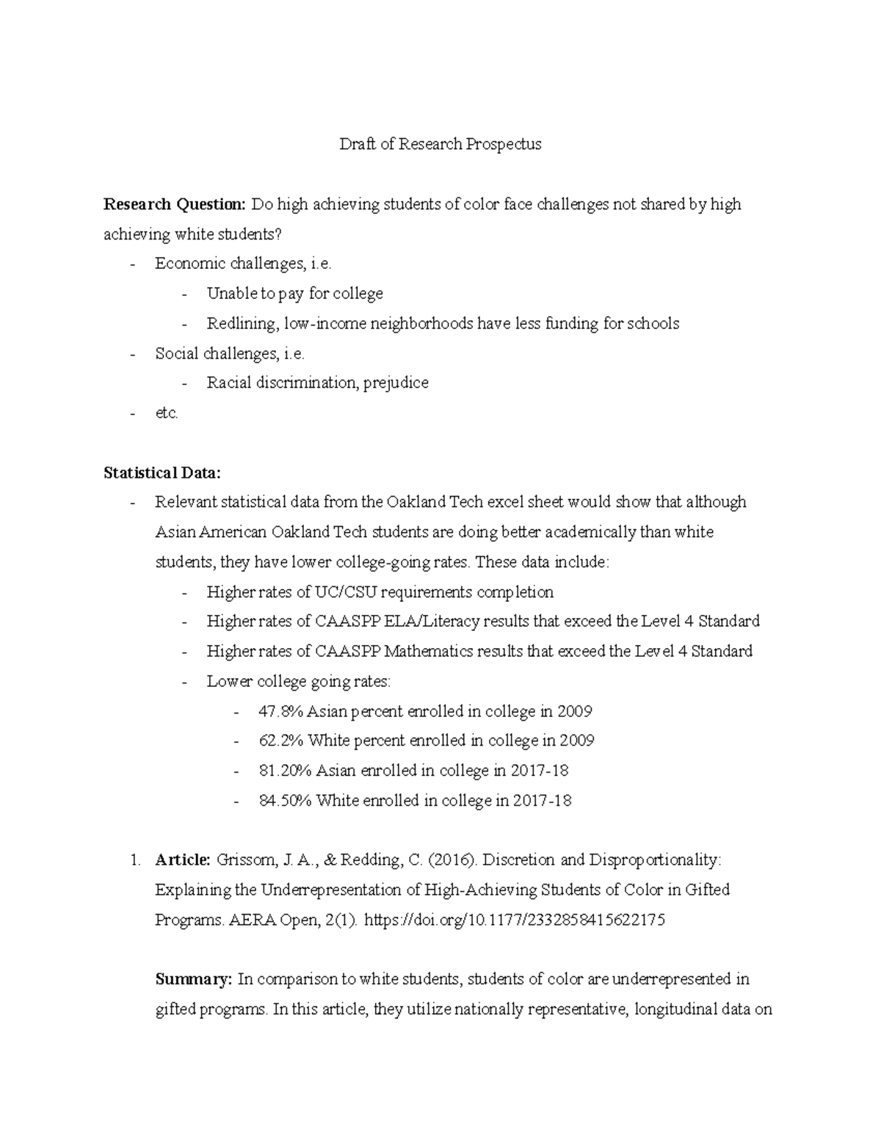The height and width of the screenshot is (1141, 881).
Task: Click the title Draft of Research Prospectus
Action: (440, 144)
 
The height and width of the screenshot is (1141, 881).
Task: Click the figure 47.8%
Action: (281, 711)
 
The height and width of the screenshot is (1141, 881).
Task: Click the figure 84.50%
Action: (286, 800)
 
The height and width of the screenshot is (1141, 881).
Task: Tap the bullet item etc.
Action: (167, 413)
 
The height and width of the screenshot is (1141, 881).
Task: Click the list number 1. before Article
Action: (134, 860)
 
